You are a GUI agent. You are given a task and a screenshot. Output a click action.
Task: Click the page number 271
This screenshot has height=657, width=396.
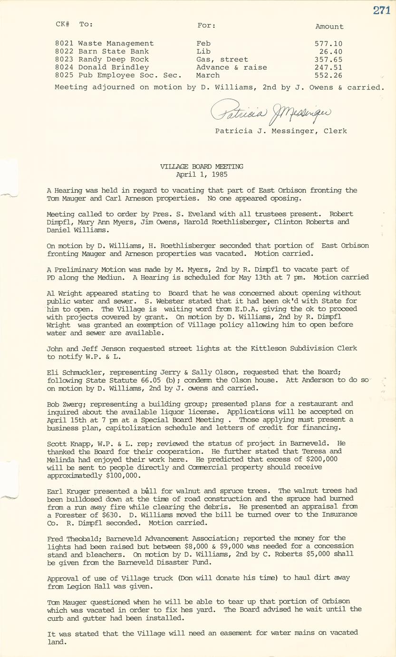pos(381,10)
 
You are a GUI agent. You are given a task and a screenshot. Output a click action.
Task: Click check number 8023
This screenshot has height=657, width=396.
pos(64,60)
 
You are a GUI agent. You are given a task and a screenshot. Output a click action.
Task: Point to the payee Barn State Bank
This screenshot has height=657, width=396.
pos(114,51)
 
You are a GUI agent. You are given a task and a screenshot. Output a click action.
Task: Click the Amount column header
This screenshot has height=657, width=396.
pos(329,27)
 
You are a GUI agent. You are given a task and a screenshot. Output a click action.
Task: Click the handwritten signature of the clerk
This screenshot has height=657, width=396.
pos(271,112)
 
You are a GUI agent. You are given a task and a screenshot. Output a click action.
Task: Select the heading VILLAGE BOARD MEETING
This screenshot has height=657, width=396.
pos(202,167)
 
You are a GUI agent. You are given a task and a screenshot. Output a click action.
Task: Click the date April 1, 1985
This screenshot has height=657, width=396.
pos(202,174)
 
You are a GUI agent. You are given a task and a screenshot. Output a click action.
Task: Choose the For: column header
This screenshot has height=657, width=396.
pos(206,25)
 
